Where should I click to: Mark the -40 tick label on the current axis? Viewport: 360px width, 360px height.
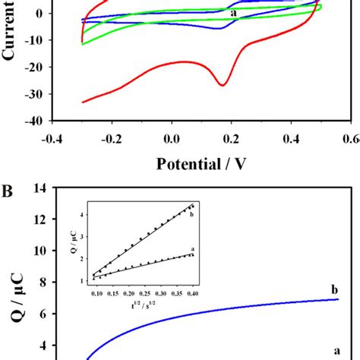(33, 120)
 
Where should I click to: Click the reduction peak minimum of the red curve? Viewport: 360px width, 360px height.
(223, 85)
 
